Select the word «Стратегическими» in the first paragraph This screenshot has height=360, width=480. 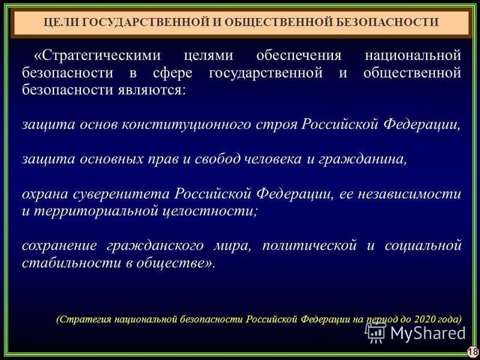click(97, 56)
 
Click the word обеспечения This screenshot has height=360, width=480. click(298, 56)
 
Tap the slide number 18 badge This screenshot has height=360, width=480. click(472, 352)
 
